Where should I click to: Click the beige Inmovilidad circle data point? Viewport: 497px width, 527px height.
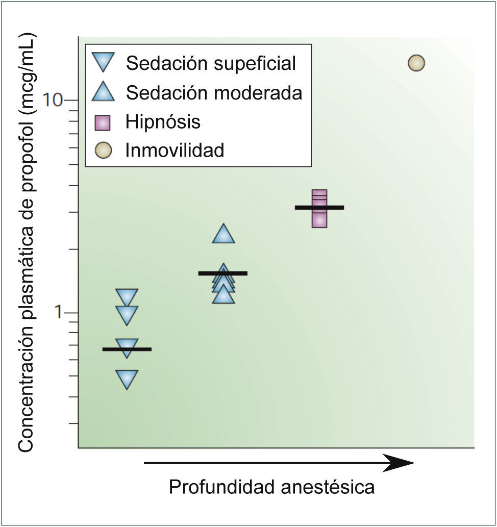point(416,63)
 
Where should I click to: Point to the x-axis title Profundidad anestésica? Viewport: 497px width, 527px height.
point(271,487)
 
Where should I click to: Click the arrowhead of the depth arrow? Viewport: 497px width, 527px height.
point(401,463)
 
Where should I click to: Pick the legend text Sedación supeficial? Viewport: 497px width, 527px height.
point(211,63)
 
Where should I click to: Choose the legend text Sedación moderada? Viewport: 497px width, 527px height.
point(214,93)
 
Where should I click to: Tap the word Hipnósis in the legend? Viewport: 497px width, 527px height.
point(163,122)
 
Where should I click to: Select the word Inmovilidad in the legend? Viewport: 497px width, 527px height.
point(175,150)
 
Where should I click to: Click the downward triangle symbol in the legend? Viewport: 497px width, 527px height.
point(104,62)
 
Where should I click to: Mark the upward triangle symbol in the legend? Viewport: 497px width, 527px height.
point(104,92)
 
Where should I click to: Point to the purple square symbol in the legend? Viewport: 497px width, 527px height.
point(104,122)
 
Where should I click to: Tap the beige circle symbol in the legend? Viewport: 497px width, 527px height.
point(104,151)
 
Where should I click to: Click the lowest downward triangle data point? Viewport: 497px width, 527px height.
point(127,379)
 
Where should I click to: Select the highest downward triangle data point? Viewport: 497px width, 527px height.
point(127,297)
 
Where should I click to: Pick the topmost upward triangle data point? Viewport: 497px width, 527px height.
point(223,234)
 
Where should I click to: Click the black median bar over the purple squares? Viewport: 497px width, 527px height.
point(319,207)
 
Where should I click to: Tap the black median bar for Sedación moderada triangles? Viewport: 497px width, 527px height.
point(223,273)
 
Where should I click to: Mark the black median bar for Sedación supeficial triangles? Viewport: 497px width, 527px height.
point(127,349)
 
